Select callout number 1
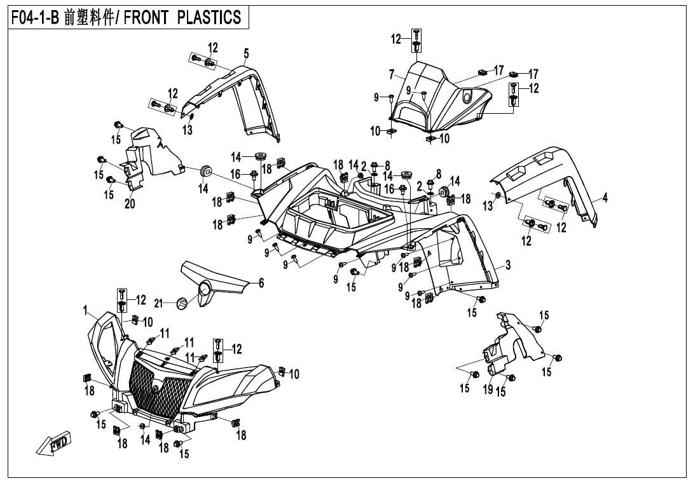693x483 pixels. [85, 310]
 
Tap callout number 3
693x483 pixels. [508, 265]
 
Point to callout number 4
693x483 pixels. [605, 198]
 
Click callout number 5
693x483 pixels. [246, 53]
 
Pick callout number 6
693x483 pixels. [261, 283]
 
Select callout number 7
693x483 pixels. [392, 74]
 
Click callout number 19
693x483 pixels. [488, 389]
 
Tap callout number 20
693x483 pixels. [130, 205]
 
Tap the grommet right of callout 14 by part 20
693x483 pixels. [206, 170]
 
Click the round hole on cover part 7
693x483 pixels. [469, 97]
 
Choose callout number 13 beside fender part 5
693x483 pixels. [187, 130]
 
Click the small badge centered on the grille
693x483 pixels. [155, 388]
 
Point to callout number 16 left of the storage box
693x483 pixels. [235, 173]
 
